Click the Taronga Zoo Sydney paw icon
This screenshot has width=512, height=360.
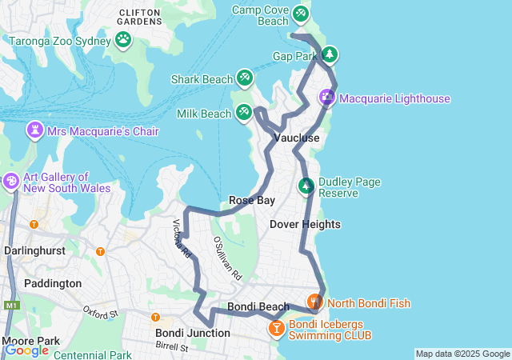click(123, 38)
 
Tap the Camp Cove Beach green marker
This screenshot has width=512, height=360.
click(300, 14)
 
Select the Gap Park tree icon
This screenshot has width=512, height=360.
click(329, 54)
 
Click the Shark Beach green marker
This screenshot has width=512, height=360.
click(245, 78)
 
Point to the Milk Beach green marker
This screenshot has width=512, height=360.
click(244, 112)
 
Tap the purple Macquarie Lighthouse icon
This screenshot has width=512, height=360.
click(327, 98)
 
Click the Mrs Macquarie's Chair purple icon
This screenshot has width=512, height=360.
click(35, 130)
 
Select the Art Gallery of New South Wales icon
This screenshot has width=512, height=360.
click(11, 182)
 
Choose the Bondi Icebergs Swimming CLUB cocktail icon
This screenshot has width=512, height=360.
click(276, 328)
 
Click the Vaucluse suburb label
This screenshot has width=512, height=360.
click(297, 138)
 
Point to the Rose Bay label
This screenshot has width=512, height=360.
click(251, 200)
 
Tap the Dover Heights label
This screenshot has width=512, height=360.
click(305, 224)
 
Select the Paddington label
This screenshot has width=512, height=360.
click(53, 283)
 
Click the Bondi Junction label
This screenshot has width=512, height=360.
click(193, 333)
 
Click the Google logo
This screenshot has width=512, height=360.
click(26, 350)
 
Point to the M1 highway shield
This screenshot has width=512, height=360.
click(10, 305)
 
